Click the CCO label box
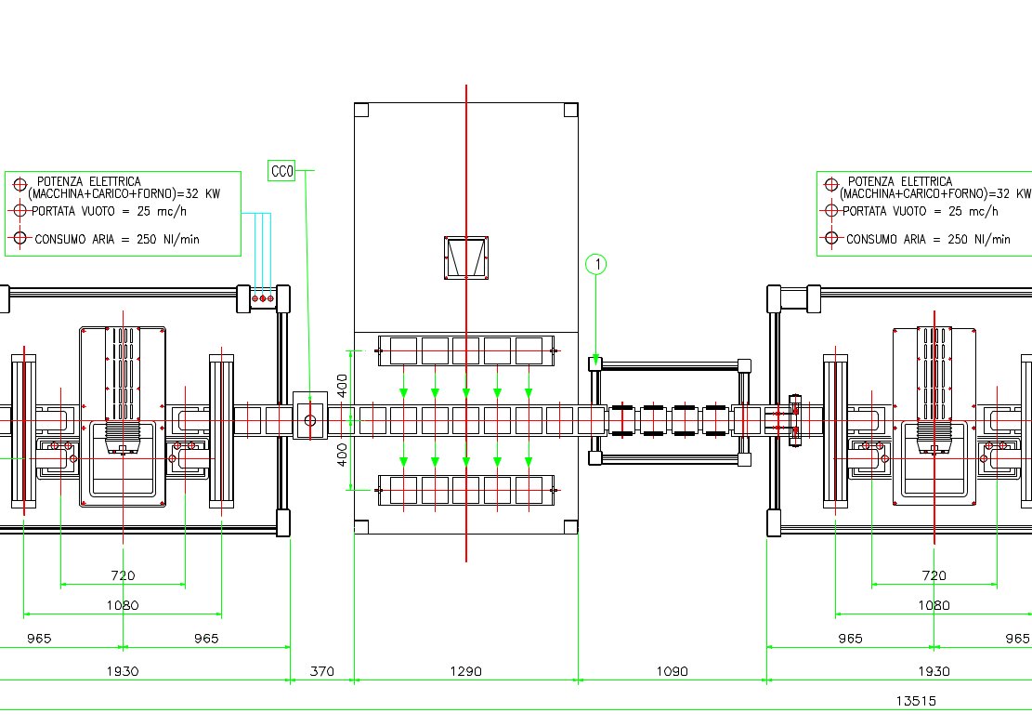(282, 171)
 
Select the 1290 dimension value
(465, 671)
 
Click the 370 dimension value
(321, 671)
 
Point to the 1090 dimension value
(672, 671)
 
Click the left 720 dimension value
(123, 576)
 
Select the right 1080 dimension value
(934, 605)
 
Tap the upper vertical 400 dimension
(342, 386)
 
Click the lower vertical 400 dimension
(342, 455)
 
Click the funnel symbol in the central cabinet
(466, 257)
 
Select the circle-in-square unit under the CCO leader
(310, 421)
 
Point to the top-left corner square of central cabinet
(361, 110)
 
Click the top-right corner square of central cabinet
(570, 110)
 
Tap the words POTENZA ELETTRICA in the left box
(89, 181)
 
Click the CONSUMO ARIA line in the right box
(928, 240)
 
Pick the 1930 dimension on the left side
(123, 671)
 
